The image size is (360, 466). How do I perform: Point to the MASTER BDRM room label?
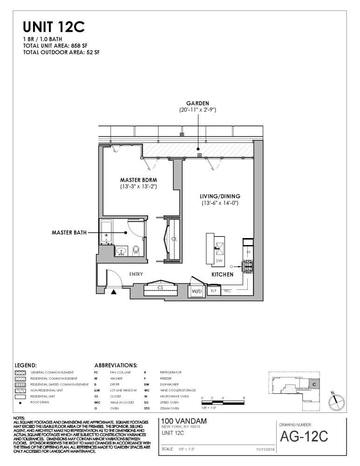coord(137,179)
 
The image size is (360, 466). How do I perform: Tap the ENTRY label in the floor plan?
coord(136,274)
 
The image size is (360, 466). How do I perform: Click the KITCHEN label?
coord(223,275)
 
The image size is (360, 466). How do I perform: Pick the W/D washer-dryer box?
coord(197,291)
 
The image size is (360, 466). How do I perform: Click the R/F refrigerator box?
coord(214,291)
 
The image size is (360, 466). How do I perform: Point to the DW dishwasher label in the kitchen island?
coord(218,261)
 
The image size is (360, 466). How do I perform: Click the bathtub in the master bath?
coord(106,233)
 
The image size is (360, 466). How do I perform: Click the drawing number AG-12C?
coord(304,437)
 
